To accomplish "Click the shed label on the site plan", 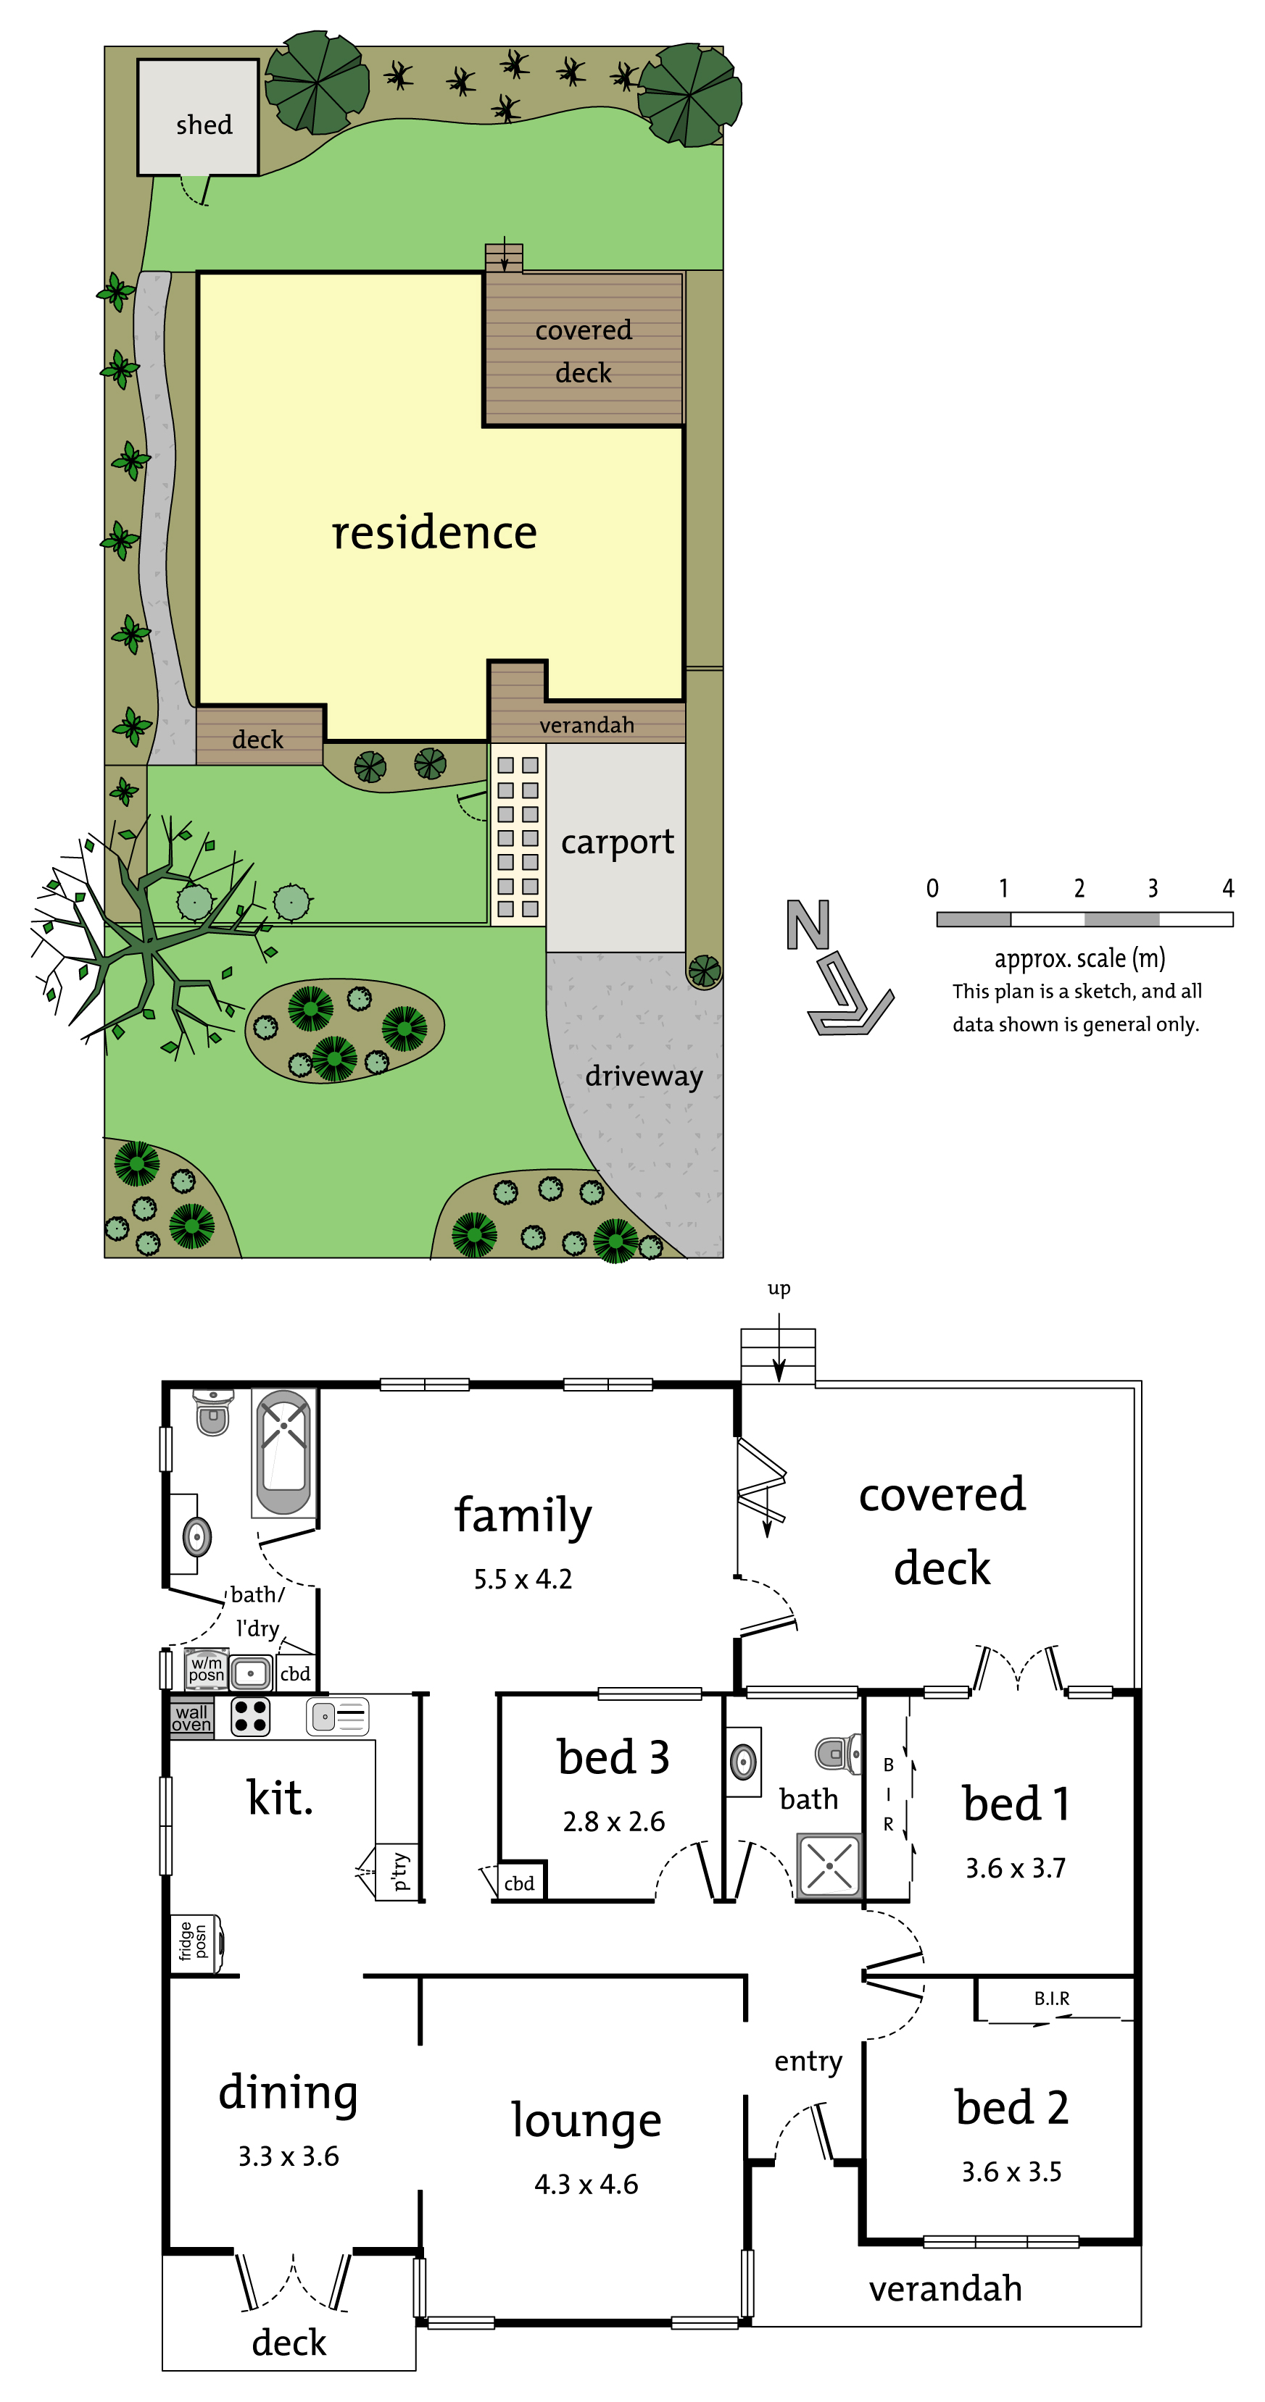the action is click(x=204, y=124).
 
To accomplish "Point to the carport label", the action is click(x=617, y=842).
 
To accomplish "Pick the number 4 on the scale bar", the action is click(x=1228, y=887).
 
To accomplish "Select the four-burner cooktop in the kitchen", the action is click(x=250, y=1717).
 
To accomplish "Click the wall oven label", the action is click(x=191, y=1717).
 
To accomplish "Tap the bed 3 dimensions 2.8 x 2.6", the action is click(x=614, y=1821).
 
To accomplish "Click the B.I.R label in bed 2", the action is click(x=1051, y=1999).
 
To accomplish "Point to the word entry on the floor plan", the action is click(x=808, y=2061).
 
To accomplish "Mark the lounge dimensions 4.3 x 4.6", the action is click(x=586, y=2184).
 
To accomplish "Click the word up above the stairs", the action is click(x=779, y=1289).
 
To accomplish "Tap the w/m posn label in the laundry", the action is click(x=206, y=1669).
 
